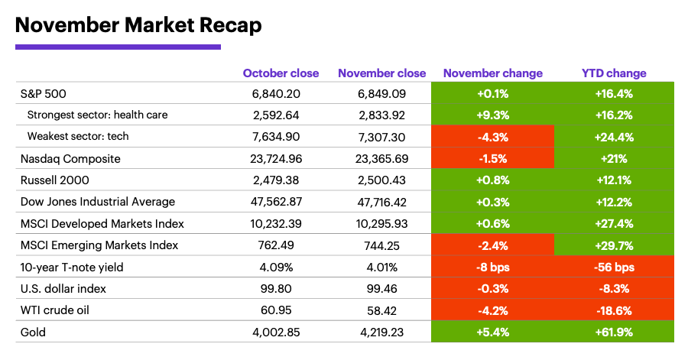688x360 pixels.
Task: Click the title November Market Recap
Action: point(138,24)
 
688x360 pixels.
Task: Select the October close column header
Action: point(281,73)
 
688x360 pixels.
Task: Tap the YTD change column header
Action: point(614,73)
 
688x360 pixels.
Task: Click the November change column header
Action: point(492,73)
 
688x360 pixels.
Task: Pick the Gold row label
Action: point(34,332)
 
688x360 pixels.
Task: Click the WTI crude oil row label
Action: point(54,311)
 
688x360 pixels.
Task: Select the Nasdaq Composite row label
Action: point(70,158)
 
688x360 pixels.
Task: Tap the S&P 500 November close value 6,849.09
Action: point(381,93)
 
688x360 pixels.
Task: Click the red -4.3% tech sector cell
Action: point(492,137)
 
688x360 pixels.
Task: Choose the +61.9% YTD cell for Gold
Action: point(614,332)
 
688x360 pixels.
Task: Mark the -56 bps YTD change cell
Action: point(614,268)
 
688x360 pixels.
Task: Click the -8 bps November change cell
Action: point(492,268)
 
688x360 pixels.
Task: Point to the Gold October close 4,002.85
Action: point(281,332)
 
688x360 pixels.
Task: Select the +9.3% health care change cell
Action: point(492,115)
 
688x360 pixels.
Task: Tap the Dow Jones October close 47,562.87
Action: point(281,202)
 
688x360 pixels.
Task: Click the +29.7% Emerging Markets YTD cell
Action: point(614,245)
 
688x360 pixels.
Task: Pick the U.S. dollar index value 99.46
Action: point(381,289)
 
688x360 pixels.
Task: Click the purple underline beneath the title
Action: point(118,47)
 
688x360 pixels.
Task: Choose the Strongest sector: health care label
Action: point(97,115)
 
